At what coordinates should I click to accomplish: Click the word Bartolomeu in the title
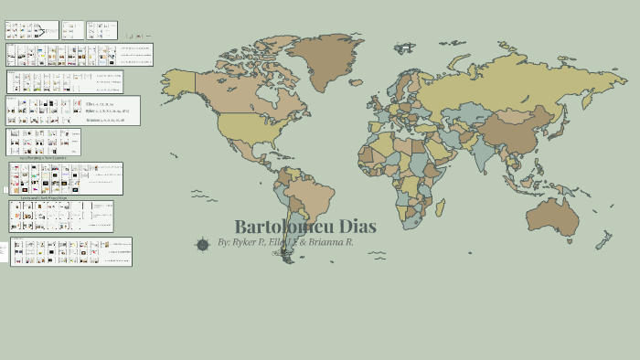pyautogui.click(x=283, y=227)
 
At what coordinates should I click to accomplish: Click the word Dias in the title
pyautogui.click(x=357, y=227)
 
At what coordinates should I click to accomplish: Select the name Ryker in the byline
pyautogui.click(x=248, y=243)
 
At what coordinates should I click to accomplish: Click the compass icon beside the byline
pyautogui.click(x=202, y=244)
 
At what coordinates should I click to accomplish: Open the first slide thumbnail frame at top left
pyautogui.click(x=31, y=30)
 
